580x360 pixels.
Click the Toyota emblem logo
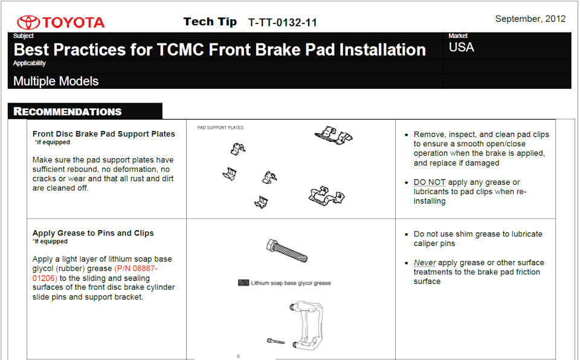tap(28, 22)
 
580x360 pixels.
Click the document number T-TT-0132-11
tap(283, 22)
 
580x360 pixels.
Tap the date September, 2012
tap(530, 19)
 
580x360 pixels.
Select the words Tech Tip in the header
tap(210, 22)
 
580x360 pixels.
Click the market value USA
tap(461, 47)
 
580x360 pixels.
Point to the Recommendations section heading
tap(67, 111)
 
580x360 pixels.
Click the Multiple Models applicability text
tap(56, 81)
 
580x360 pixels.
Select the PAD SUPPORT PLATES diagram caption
tap(221, 127)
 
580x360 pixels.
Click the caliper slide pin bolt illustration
tap(287, 251)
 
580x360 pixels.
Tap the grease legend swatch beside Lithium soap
tap(243, 283)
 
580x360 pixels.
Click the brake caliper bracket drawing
tap(307, 325)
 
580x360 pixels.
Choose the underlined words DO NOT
tap(430, 182)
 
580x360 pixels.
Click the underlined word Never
tap(425, 262)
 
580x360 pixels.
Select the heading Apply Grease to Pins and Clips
tap(93, 233)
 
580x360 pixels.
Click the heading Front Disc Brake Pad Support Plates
tap(103, 134)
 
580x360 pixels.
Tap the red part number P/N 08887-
tap(136, 268)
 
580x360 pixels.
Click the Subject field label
tap(24, 36)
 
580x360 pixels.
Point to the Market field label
tap(458, 36)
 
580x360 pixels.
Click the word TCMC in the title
tap(180, 50)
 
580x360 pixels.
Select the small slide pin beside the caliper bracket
tap(276, 341)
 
